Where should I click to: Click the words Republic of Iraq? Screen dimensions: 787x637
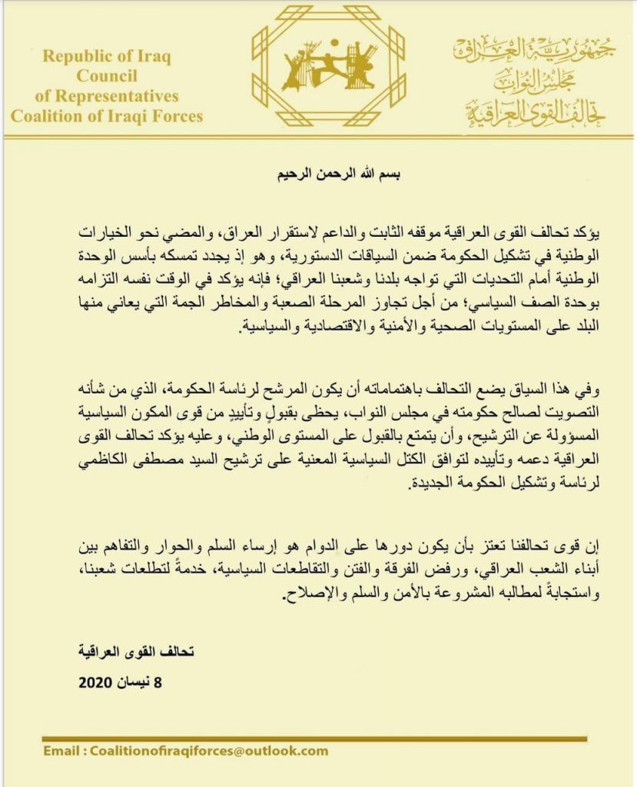[107, 56]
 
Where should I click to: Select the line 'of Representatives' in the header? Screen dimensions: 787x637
[107, 97]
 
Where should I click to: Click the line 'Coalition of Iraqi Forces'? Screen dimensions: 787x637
[107, 117]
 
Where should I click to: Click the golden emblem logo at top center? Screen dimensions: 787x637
[327, 67]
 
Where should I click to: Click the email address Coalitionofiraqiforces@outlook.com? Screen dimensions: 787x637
[208, 751]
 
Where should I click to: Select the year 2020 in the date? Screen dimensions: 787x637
[96, 681]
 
